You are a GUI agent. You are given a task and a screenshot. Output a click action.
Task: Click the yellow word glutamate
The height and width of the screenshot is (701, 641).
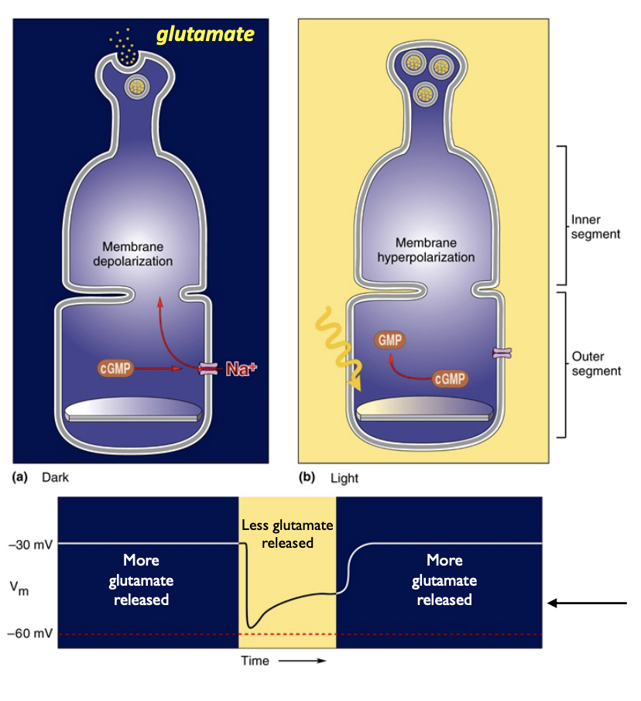pos(205,35)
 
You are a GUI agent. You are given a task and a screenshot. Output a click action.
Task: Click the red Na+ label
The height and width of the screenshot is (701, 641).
pos(241,369)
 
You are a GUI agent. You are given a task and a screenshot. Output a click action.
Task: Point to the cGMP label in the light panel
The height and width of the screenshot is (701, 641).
pos(450,378)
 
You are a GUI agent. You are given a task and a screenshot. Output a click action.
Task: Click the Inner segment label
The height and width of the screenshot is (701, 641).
pos(595,227)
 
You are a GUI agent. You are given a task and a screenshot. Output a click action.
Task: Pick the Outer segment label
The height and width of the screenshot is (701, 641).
pos(595,364)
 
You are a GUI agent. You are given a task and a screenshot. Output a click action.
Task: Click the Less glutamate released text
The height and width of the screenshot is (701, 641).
pos(287,534)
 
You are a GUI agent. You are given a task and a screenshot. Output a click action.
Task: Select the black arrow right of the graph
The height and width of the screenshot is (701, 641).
pos(587,602)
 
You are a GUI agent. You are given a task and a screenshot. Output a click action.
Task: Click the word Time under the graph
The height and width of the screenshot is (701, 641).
pos(255,661)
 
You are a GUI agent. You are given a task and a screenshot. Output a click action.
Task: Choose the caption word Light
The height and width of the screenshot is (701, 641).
pos(344,478)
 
